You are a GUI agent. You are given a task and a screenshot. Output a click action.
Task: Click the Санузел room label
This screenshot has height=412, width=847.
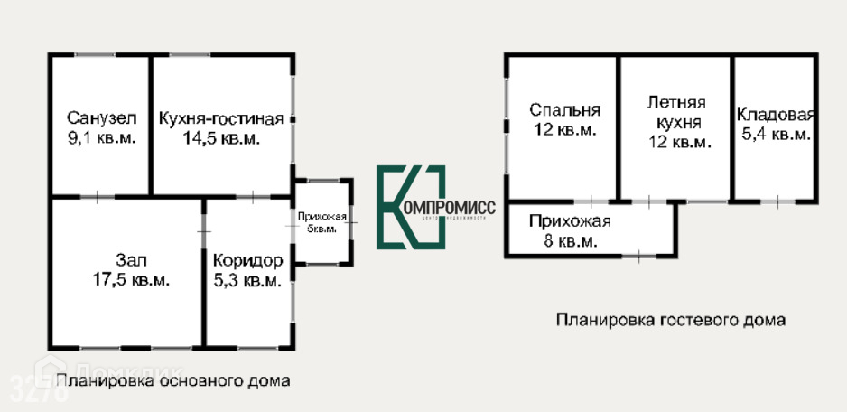[101, 118]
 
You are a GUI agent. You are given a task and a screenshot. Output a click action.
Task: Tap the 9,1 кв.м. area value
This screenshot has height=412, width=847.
[101, 138]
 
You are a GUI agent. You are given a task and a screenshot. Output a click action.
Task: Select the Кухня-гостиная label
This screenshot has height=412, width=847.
[221, 118]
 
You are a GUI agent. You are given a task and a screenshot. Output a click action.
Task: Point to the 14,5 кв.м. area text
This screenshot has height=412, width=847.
[221, 138]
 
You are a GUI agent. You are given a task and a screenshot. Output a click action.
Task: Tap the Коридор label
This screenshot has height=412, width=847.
[248, 260]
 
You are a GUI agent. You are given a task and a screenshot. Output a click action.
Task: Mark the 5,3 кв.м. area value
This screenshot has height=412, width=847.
[248, 280]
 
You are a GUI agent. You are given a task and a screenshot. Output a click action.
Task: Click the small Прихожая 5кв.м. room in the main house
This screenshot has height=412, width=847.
[322, 222]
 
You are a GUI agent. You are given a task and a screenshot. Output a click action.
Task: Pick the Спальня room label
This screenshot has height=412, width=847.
[564, 110]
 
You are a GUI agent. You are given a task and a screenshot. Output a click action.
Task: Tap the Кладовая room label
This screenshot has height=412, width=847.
[776, 115]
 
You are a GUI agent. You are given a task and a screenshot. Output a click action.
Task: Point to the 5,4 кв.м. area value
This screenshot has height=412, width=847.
[776, 135]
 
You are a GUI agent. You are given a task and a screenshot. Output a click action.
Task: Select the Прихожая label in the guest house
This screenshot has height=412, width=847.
[570, 221]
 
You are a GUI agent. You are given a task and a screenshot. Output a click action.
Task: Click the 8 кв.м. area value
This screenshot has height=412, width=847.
[570, 241]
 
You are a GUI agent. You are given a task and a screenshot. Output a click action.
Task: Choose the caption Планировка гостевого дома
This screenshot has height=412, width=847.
[671, 319]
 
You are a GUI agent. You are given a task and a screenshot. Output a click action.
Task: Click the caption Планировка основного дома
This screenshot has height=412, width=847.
[173, 380]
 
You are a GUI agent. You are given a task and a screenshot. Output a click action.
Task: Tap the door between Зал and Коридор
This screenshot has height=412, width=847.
[204, 233]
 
